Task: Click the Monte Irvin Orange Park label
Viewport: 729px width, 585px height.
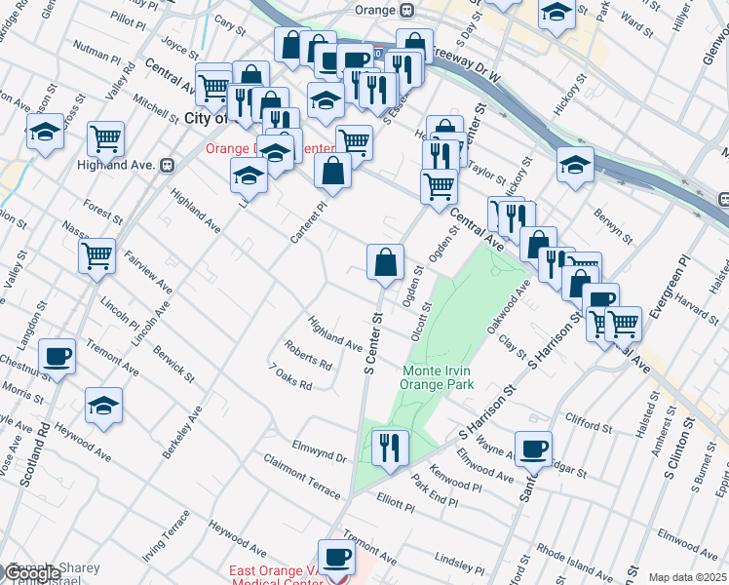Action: (439, 377)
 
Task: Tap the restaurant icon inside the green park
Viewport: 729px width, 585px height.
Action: (389, 448)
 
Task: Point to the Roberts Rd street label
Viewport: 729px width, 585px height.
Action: (308, 355)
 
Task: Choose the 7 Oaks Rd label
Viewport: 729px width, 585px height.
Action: (291, 377)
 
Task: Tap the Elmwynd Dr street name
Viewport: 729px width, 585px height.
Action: (319, 450)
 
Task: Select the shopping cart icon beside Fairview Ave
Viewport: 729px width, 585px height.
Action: (96, 257)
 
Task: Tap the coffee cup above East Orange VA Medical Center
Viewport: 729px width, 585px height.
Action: (337, 557)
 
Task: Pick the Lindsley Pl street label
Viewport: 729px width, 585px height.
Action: (460, 563)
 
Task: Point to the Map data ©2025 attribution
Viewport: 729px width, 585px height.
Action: (688, 577)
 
